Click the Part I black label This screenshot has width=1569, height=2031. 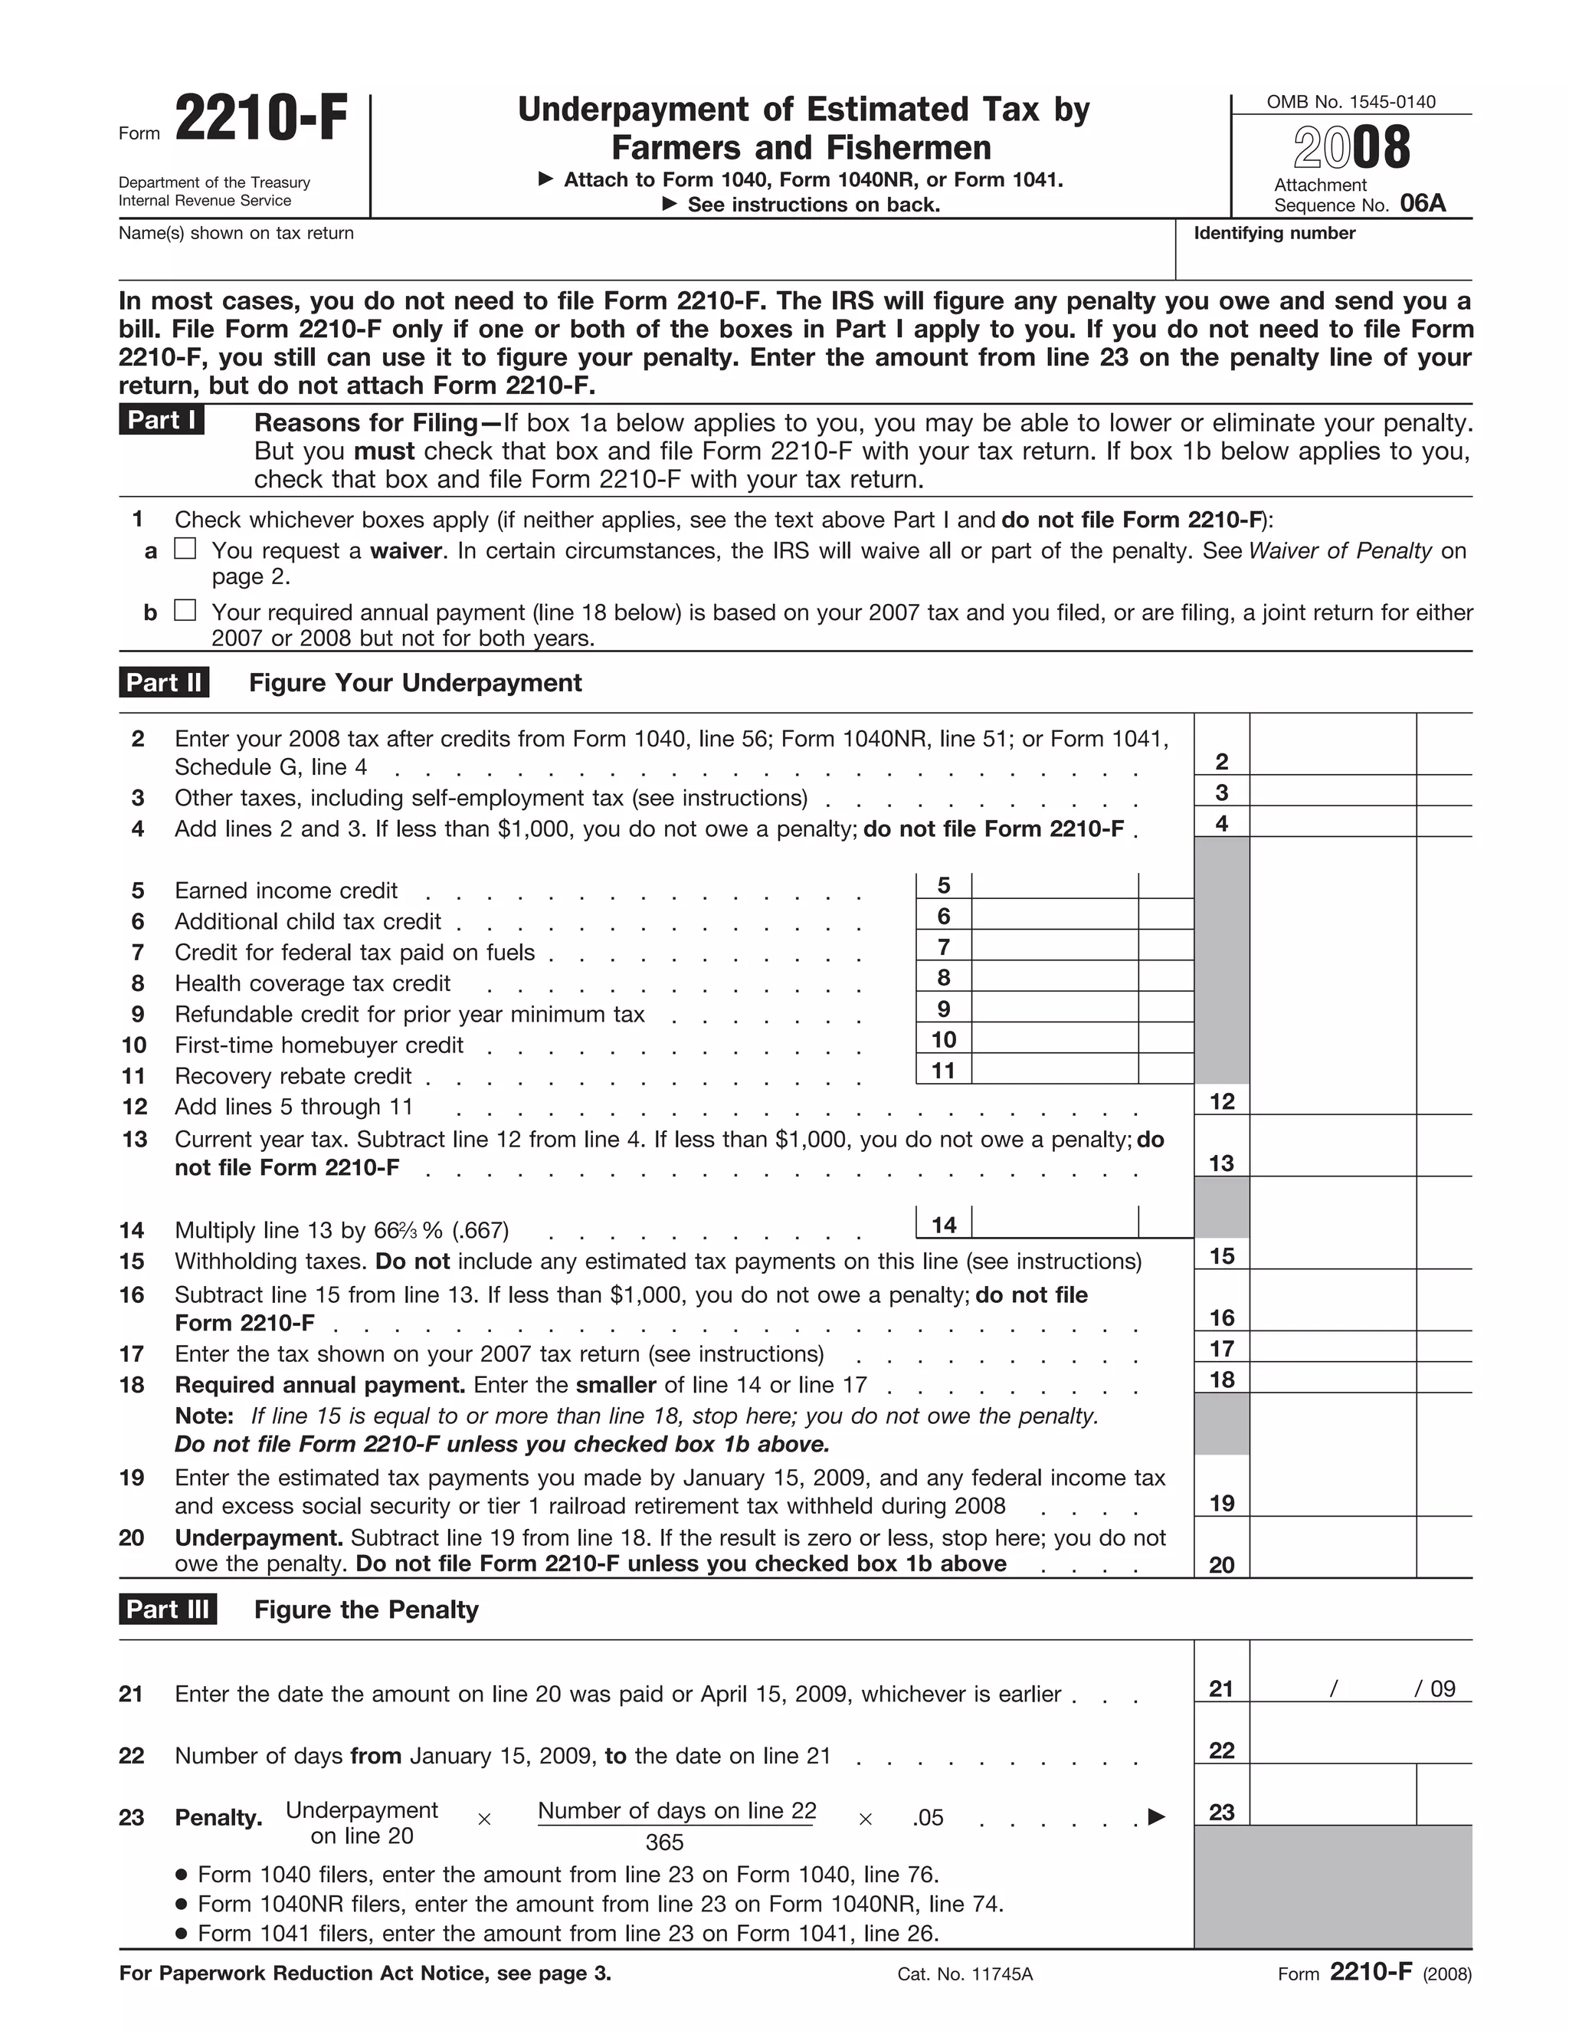tap(162, 420)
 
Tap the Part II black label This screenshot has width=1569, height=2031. tap(164, 683)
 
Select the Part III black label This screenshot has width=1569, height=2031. tap(167, 1609)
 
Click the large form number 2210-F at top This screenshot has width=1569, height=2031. tap(261, 121)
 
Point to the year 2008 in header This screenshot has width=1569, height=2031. tap(1351, 148)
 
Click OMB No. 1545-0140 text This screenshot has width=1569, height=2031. tap(1351, 102)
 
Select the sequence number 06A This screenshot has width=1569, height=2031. tap(1422, 204)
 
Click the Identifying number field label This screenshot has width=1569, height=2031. tap(1274, 234)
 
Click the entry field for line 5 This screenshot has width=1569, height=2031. tap(1054, 885)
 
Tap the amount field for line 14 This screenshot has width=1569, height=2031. tap(1054, 1224)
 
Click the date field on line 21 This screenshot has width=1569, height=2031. tap(1360, 1688)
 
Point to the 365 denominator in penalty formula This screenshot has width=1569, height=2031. tap(663, 1842)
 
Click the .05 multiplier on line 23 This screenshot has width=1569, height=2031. tap(928, 1818)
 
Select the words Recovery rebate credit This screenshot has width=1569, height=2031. tap(293, 1076)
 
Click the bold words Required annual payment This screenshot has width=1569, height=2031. tap(319, 1385)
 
